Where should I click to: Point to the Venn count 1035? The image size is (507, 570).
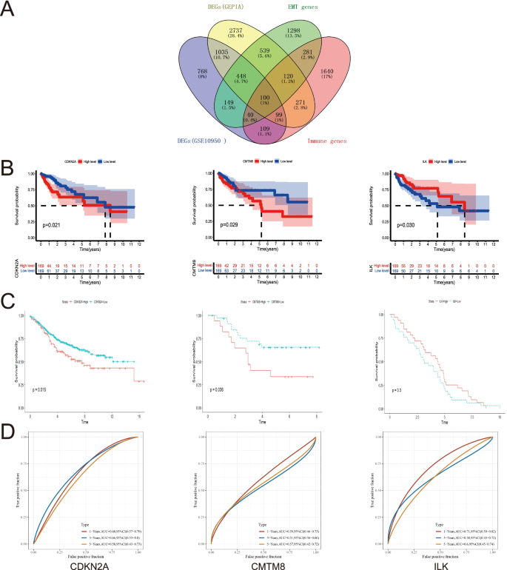[x=196, y=50]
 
